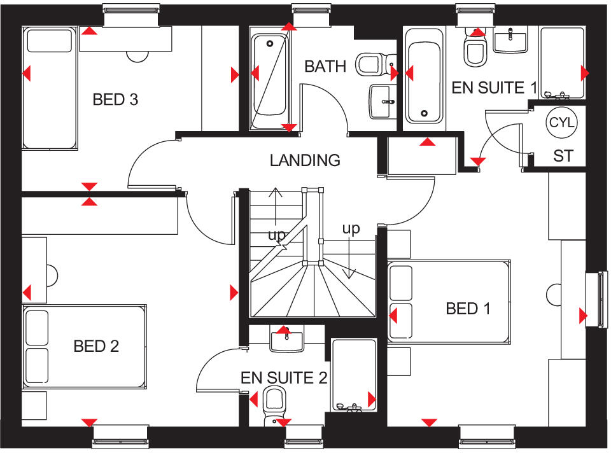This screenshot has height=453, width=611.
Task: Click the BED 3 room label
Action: (115, 99)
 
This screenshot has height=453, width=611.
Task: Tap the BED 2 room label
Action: (96, 346)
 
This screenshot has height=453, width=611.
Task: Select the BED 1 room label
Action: (468, 309)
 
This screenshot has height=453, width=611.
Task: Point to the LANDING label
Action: (305, 160)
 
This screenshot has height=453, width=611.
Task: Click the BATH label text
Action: (325, 66)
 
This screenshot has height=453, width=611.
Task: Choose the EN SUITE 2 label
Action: (284, 378)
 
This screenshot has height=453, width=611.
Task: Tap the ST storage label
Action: (563, 156)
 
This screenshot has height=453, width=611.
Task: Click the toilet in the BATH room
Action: (370, 64)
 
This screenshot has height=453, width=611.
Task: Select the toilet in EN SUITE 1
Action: (475, 50)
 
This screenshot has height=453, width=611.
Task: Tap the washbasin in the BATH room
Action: (383, 101)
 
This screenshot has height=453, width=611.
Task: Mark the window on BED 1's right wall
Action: (598, 299)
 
